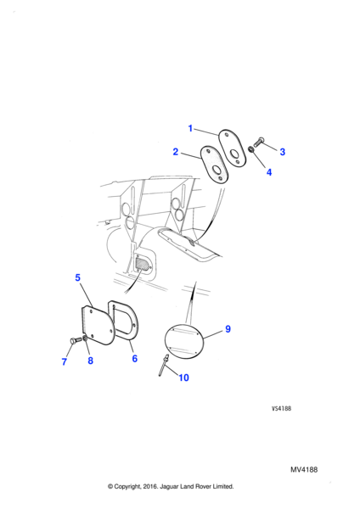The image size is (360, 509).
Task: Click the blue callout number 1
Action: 190,129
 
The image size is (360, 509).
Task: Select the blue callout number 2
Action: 176,152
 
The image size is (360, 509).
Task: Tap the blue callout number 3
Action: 283,152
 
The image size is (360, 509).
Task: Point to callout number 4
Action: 269,172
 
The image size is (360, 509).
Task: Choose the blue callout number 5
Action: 77,277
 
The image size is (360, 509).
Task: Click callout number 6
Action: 134,358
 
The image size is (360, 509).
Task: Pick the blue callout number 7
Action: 65,361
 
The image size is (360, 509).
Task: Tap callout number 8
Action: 90,361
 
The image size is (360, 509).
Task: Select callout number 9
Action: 228,329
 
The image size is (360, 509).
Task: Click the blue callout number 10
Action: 183,378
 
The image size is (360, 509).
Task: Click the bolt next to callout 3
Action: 259,143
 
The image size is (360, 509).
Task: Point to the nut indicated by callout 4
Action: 251,149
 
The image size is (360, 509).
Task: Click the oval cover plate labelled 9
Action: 184,340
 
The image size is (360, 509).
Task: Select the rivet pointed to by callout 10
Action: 163,365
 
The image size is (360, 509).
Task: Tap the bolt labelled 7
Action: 76,340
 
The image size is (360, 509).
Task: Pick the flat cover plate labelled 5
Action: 97,324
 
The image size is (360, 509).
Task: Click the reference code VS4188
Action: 281,408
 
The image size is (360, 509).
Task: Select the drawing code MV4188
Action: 304,470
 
